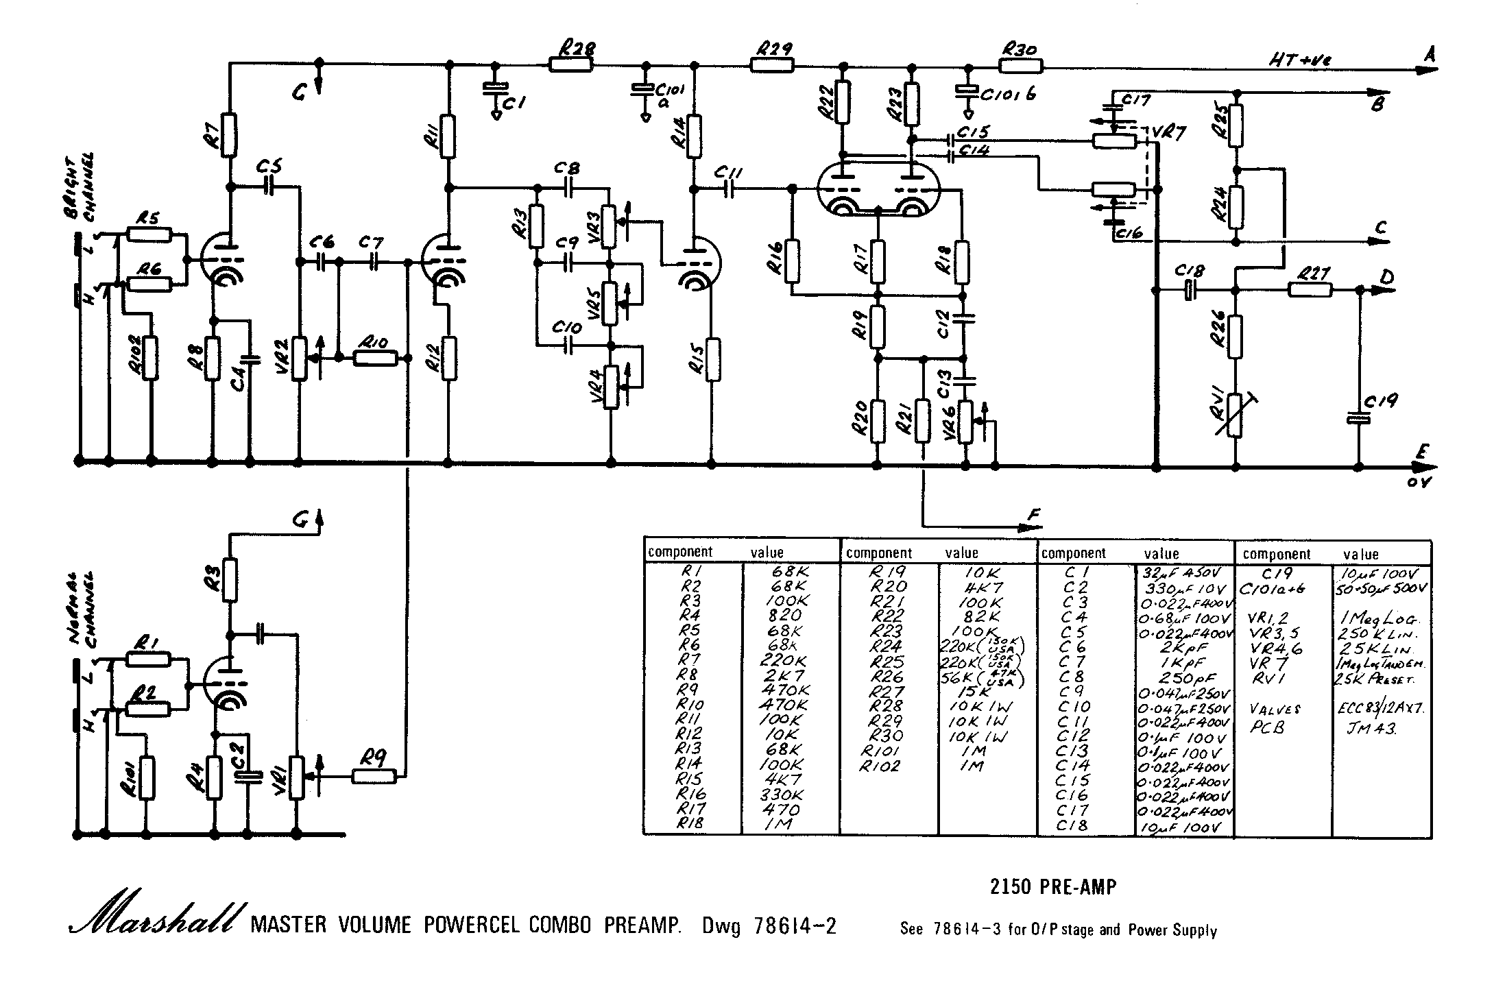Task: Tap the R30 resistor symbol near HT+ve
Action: pos(1021,66)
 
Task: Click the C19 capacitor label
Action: pos(1380,401)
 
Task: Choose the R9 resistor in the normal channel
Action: pos(374,776)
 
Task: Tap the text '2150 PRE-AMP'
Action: pos(1053,887)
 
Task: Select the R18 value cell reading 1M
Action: pos(779,825)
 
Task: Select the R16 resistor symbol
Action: pos(792,261)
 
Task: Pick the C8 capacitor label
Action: pos(568,168)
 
